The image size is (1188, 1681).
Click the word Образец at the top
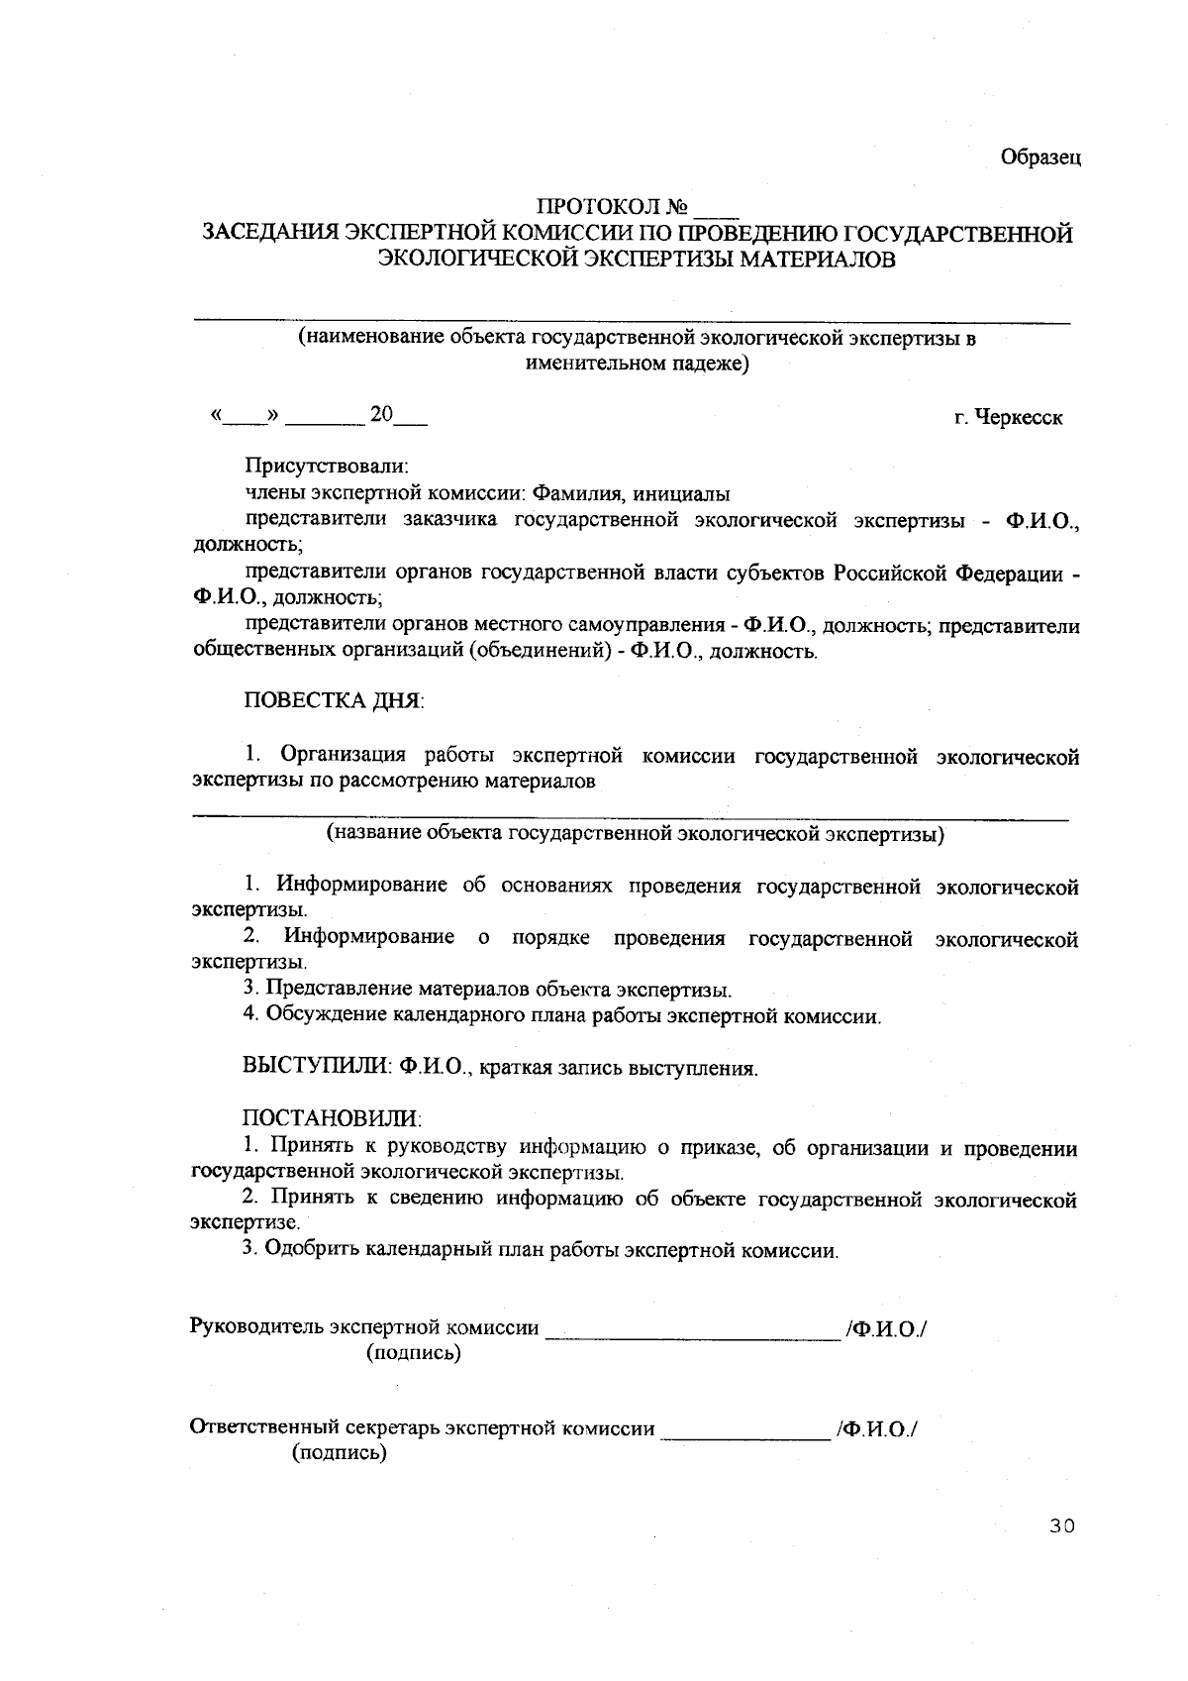[1039, 158]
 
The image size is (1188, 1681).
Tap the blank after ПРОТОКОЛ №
[717, 209]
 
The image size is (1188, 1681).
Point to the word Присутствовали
[327, 466]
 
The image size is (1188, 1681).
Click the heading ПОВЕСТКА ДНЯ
[334, 701]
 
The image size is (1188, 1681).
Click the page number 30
[1062, 1526]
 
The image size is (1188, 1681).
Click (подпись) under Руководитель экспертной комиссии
[414, 1353]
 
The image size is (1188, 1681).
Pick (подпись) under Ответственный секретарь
[339, 1453]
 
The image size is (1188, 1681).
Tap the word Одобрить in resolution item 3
[313, 1250]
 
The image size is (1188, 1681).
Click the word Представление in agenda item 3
[339, 989]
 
